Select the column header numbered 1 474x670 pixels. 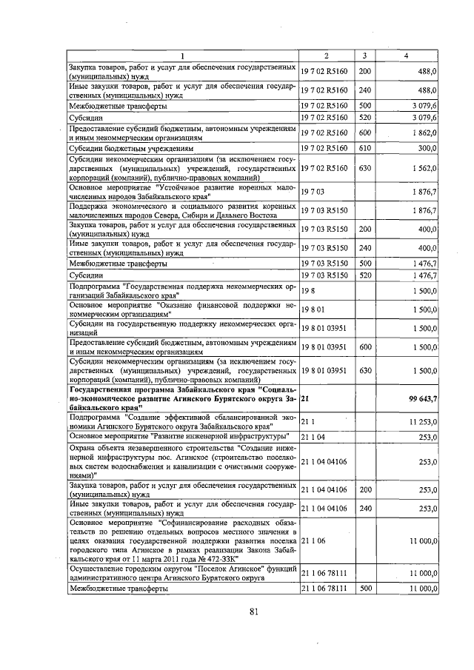pos(182,57)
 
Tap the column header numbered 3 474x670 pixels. pos(364,57)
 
